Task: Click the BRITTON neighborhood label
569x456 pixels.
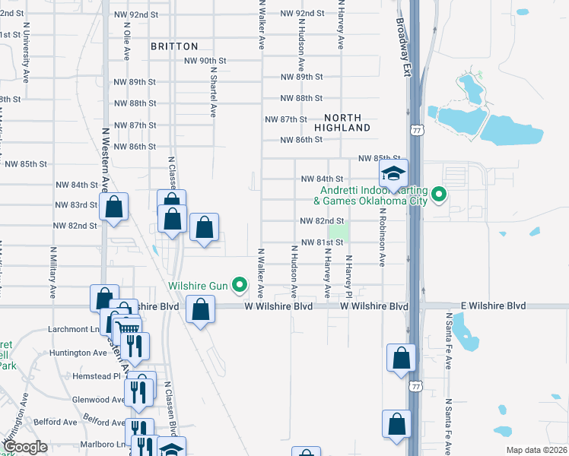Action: (x=174, y=46)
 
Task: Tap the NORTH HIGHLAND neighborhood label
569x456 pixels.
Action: (x=347, y=122)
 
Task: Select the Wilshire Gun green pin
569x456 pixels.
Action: (x=240, y=286)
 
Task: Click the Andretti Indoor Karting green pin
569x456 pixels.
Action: (x=438, y=195)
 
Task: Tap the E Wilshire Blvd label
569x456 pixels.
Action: (x=493, y=306)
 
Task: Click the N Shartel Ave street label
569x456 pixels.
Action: (x=214, y=90)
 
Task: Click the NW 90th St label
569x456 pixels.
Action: (x=205, y=60)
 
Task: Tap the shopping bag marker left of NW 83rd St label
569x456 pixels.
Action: (x=113, y=207)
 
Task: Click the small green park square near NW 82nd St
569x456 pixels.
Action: (x=337, y=230)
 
